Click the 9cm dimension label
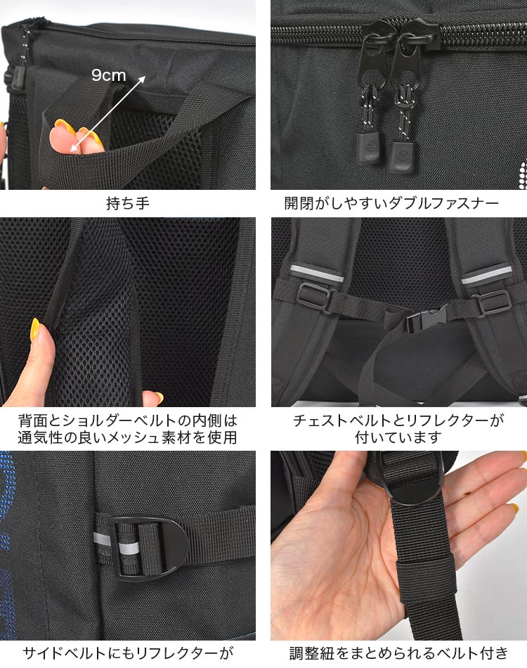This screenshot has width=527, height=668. pyautogui.click(x=108, y=75)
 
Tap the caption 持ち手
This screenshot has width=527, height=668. pyautogui.click(x=127, y=204)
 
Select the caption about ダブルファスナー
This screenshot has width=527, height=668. pyautogui.click(x=391, y=204)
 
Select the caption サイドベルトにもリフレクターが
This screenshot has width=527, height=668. pyautogui.click(x=127, y=653)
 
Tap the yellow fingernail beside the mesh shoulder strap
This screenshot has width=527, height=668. pyautogui.click(x=35, y=330)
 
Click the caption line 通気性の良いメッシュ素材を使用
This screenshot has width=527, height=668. pyautogui.click(x=127, y=437)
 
